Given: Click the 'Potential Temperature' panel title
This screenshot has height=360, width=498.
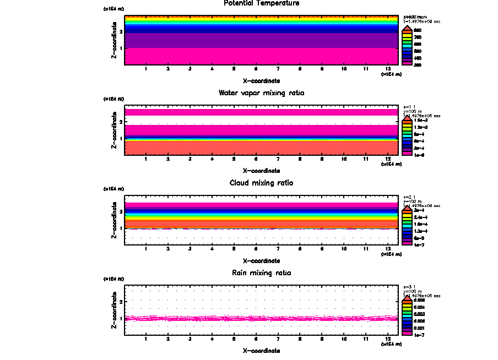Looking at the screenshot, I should [262, 3].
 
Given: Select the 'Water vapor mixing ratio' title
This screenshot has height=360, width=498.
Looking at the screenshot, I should [262, 93].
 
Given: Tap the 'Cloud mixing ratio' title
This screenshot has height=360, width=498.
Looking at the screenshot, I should [262, 183].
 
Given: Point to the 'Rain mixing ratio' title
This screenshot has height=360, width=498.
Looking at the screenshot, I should [262, 273].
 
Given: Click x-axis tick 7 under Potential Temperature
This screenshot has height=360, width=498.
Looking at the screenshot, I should [278, 69].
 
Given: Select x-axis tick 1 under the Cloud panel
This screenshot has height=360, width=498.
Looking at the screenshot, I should [146, 249].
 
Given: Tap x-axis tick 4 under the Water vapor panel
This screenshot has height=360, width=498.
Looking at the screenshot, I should [212, 159].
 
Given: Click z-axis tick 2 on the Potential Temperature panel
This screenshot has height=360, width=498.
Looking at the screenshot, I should [121, 32].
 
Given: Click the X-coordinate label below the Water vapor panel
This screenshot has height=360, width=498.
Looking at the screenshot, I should [262, 170].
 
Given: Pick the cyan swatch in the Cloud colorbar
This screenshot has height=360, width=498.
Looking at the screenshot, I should [407, 225].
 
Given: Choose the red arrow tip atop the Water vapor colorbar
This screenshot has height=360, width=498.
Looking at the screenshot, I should [407, 117].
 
